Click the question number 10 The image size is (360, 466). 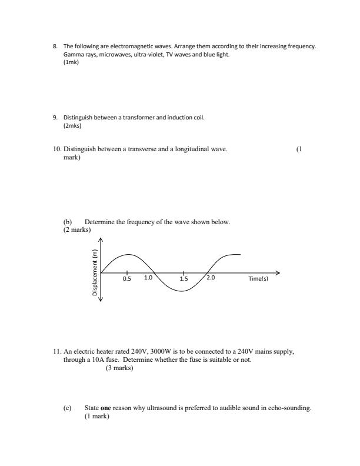[57, 149]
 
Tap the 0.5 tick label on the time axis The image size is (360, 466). [126, 279]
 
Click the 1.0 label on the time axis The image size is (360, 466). [148, 279]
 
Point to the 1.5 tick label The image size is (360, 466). [184, 279]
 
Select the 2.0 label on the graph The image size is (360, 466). [211, 279]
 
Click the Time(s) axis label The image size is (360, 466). [258, 279]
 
